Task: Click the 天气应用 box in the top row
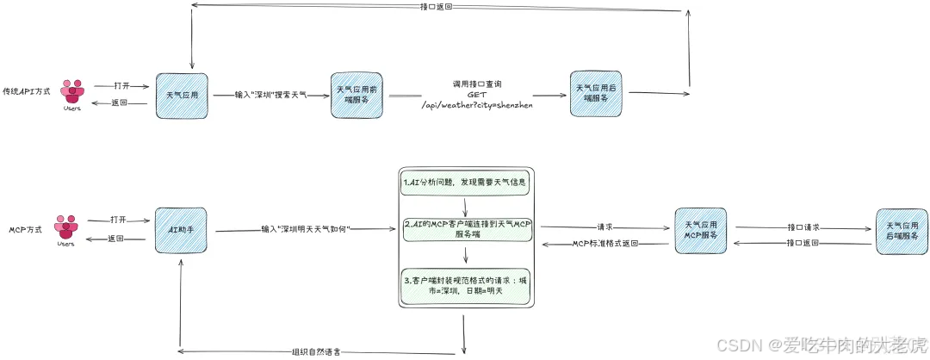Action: [x=182, y=96]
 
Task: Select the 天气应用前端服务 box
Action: [x=356, y=95]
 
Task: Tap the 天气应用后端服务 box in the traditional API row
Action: [x=595, y=94]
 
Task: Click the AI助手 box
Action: [x=181, y=230]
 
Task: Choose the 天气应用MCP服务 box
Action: [x=700, y=231]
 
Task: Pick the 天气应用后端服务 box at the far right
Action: [x=902, y=231]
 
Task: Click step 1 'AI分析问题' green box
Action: [x=465, y=183]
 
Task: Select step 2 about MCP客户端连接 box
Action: [x=465, y=228]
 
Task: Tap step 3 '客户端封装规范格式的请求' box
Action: [x=465, y=285]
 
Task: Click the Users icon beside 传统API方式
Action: [x=72, y=93]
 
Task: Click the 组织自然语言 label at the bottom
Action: [x=320, y=351]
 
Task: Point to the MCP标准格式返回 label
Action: [x=606, y=244]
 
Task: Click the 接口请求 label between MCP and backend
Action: [x=803, y=227]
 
